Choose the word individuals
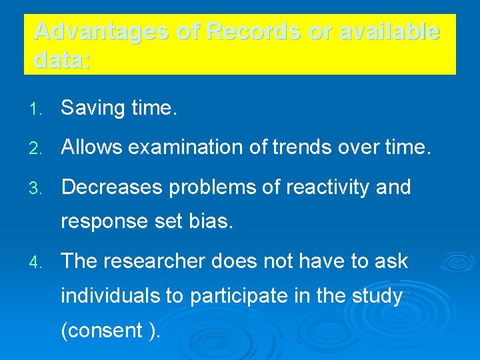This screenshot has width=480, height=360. tap(110, 295)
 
